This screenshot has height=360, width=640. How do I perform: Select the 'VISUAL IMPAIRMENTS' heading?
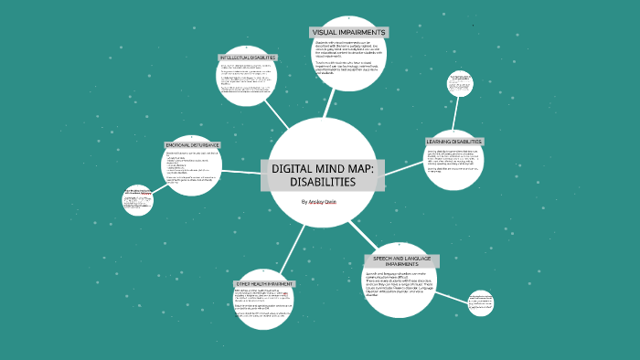pyautogui.click(x=348, y=32)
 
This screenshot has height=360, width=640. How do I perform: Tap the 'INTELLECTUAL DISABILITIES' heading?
pyautogui.click(x=248, y=57)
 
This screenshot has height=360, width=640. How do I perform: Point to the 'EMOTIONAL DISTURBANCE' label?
pyautogui.click(x=193, y=144)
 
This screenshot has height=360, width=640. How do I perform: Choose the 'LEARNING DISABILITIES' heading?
pyautogui.click(x=454, y=142)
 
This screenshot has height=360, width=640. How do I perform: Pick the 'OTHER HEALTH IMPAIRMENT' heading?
pyautogui.click(x=264, y=284)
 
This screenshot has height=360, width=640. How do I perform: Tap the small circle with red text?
pyautogui.click(x=138, y=202)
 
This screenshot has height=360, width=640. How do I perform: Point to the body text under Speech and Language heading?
pyautogui.click(x=402, y=284)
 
